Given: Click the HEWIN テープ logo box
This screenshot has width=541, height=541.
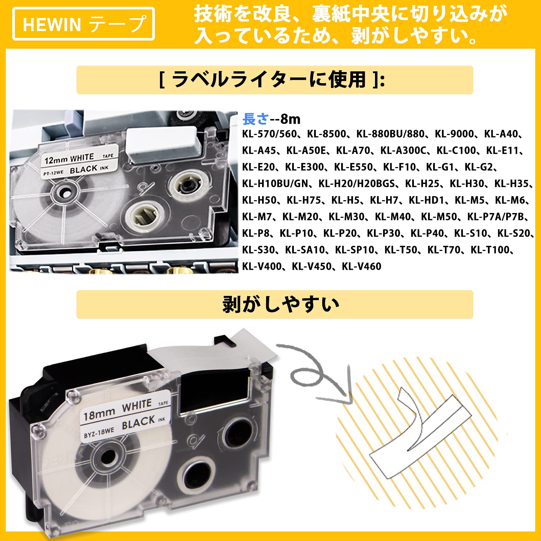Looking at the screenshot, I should tap(84, 24).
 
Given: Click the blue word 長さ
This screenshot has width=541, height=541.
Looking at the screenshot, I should tap(256, 119).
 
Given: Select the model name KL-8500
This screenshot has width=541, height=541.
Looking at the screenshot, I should tap(327, 134).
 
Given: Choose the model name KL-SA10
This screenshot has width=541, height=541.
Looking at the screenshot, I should tap(305, 250).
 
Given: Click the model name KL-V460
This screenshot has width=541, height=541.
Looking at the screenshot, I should tap(361, 266).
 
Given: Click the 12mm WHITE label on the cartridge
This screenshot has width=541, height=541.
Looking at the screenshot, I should tap(69, 158).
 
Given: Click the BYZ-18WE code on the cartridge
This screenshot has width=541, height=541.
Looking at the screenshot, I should tap(99, 433).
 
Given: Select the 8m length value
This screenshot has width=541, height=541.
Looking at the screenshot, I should tap(290, 119).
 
